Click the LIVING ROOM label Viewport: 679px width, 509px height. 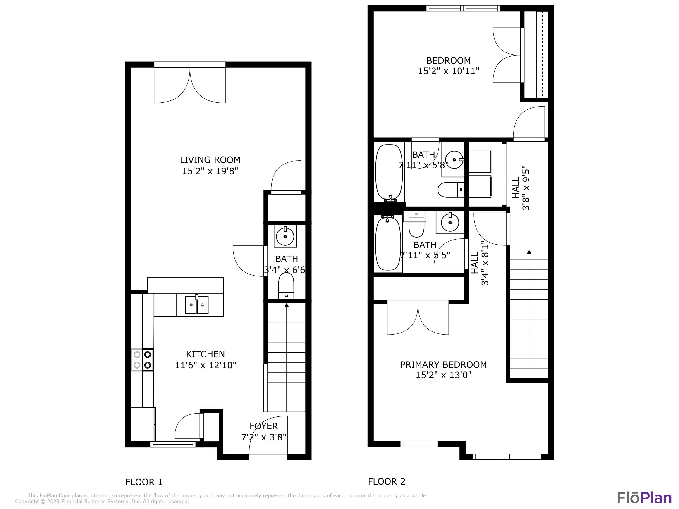(210, 160)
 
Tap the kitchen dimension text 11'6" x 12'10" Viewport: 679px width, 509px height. (205, 365)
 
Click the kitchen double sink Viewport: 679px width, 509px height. (197, 305)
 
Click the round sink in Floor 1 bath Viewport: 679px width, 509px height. (285, 236)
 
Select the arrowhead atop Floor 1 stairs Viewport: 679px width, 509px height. (286, 305)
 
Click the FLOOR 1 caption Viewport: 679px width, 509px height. (144, 482)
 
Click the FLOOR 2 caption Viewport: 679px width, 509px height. (387, 481)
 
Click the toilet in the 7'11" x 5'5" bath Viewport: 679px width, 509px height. (416, 226)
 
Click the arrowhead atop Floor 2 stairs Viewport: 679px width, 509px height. (529, 252)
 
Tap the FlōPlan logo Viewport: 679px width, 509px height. (644, 498)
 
